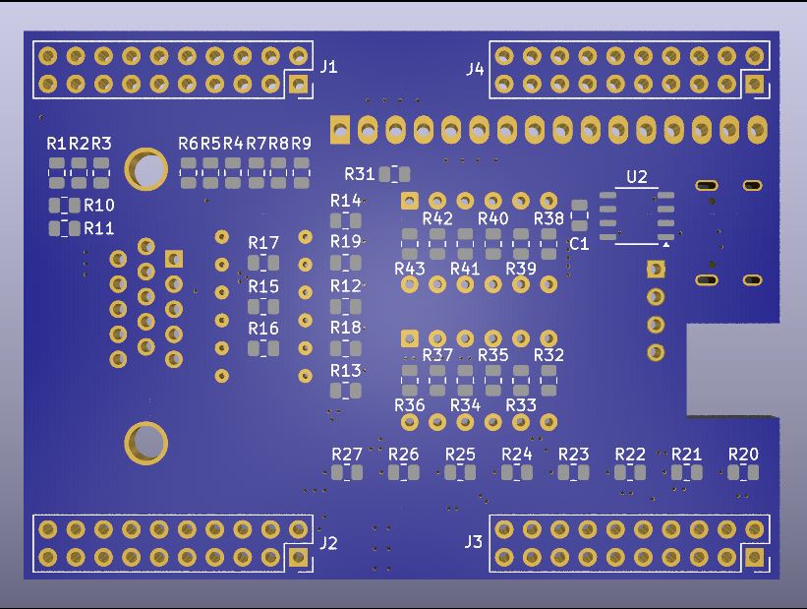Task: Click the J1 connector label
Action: [328, 67]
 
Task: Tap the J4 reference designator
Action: [476, 69]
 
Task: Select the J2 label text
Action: [328, 543]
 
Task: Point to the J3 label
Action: [474, 542]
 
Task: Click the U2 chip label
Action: [637, 177]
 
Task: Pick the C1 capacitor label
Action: [579, 244]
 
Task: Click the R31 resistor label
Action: [359, 174]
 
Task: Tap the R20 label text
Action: [743, 454]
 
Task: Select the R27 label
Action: [347, 454]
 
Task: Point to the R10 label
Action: [99, 206]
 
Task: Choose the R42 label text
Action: [437, 218]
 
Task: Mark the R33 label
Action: [521, 404]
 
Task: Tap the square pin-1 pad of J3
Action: [755, 557]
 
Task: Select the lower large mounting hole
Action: [146, 443]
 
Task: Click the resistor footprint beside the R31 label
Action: [394, 174]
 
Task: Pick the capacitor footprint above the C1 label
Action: [579, 217]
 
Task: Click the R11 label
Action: [99, 228]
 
